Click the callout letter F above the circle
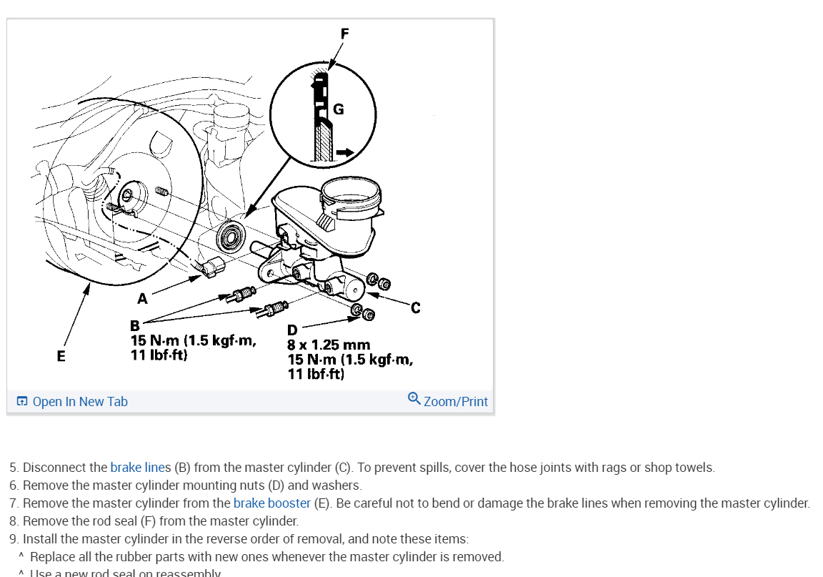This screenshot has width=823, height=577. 345,33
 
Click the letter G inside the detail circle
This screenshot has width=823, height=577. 339,109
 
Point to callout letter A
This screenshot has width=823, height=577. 142,299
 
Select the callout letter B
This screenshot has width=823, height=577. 134,326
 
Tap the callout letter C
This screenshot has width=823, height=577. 416,307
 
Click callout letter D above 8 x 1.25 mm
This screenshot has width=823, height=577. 292,330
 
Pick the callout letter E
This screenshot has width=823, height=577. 61,355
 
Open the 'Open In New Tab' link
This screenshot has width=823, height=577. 79,402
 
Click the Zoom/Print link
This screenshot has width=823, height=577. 455,402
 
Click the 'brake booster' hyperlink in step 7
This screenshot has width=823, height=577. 271,503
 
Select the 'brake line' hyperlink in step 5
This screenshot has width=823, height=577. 137,468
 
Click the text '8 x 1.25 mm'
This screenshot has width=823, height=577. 329,345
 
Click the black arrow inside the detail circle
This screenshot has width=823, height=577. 344,152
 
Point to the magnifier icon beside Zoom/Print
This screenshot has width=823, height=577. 414,398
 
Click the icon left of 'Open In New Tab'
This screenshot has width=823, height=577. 22,402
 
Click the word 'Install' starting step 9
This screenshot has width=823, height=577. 37,538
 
